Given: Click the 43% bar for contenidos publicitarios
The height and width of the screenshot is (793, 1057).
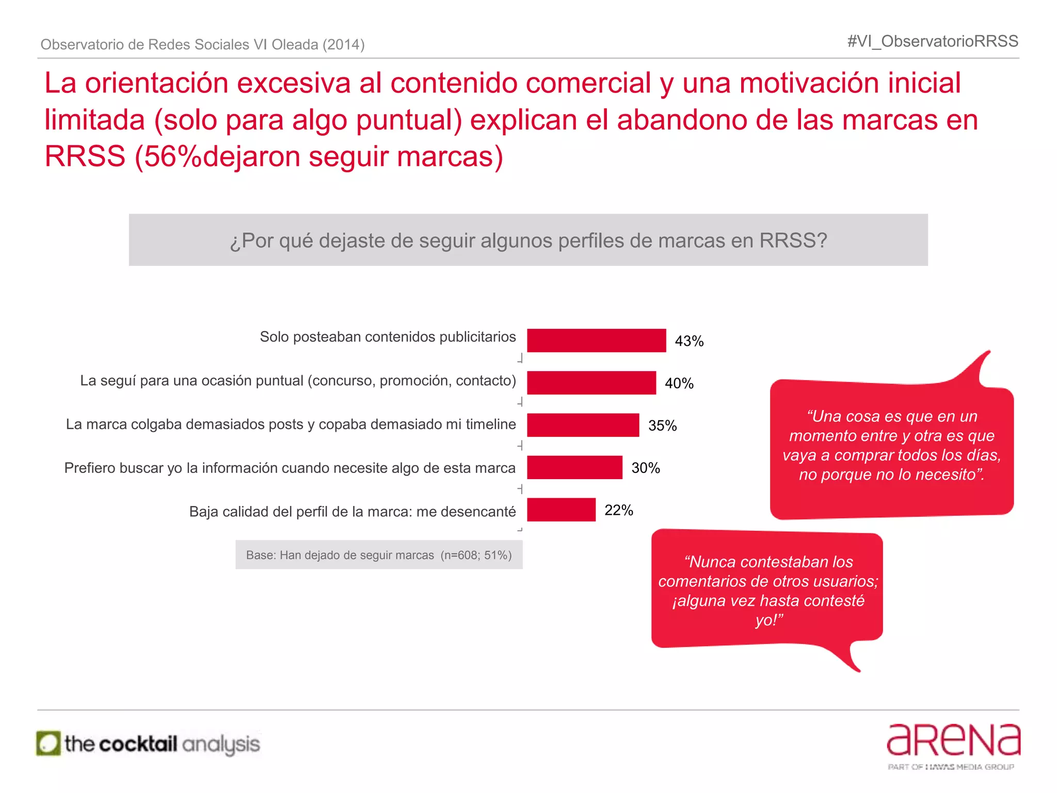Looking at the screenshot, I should click(x=596, y=341).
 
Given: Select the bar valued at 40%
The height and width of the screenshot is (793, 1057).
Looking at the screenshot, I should click(x=591, y=383).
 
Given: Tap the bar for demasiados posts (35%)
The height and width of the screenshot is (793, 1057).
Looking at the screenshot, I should click(x=583, y=425).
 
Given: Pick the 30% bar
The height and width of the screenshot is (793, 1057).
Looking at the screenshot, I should click(x=574, y=468).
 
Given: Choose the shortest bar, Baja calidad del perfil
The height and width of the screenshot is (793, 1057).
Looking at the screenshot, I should click(x=561, y=510).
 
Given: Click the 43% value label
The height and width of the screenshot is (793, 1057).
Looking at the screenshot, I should click(x=689, y=341).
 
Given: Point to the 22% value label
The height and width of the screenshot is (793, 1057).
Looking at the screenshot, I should click(x=618, y=511).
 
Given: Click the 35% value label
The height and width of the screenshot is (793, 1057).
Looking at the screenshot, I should click(x=662, y=426).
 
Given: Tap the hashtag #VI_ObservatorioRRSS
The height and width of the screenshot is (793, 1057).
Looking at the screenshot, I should click(x=932, y=41).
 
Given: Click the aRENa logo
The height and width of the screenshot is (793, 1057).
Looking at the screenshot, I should click(x=953, y=740).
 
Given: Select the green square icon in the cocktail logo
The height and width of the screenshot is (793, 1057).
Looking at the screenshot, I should click(x=49, y=744).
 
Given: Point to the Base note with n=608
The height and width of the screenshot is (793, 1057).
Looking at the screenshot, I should click(x=379, y=555).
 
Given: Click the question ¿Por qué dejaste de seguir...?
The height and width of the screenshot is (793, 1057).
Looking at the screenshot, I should click(x=528, y=241).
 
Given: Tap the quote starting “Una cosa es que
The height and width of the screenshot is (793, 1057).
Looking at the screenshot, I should click(x=891, y=445).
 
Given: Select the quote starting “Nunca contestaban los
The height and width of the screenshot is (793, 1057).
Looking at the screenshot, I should click(x=768, y=591).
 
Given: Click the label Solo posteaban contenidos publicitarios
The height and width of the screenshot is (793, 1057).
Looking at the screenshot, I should click(x=388, y=337).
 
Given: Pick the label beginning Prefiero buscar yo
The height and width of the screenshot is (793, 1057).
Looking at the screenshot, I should click(x=290, y=468).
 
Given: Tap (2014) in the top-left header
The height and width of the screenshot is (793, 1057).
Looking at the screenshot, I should click(x=344, y=45).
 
